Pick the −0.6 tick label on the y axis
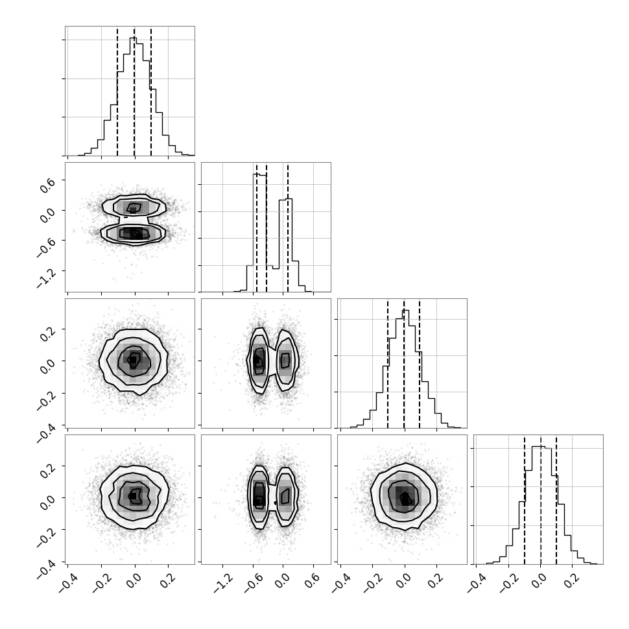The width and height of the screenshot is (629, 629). click(x=45, y=245)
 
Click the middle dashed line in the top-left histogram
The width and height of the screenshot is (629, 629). click(x=134, y=91)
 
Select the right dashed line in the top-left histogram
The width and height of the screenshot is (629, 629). click(x=151, y=91)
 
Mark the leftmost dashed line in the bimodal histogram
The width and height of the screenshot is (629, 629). click(x=257, y=228)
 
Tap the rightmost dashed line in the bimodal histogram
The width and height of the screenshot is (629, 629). click(x=288, y=228)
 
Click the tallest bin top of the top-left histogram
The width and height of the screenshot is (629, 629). click(x=133, y=38)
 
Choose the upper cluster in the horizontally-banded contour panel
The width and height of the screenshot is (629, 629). click(x=134, y=208)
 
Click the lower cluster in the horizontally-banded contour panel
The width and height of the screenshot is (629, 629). click(x=133, y=233)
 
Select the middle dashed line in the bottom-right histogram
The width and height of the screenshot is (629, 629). click(x=541, y=499)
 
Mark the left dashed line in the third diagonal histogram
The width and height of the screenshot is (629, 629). click(x=388, y=363)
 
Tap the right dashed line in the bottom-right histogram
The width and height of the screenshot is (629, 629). click(x=556, y=499)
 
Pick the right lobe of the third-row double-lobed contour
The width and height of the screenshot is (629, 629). click(x=285, y=361)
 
